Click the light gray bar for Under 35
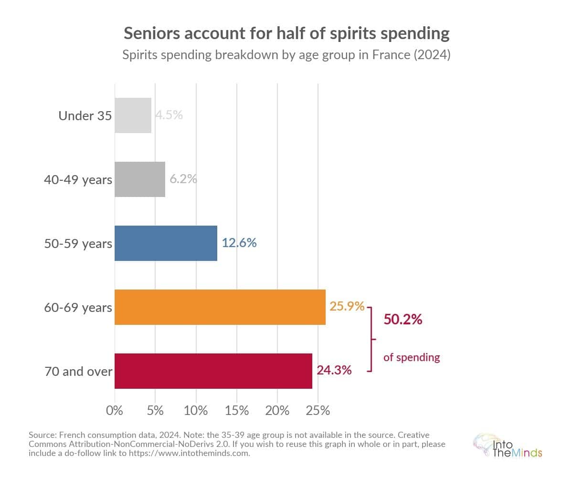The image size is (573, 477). (133, 115)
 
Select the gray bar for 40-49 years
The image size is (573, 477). (140, 179)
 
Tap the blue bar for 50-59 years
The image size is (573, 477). (166, 243)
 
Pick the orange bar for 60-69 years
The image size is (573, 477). (220, 307)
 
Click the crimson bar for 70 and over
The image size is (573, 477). (213, 371)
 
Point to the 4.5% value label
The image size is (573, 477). (169, 115)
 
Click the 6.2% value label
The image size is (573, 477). (183, 179)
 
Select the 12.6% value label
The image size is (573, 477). (239, 243)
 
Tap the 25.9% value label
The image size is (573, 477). (347, 306)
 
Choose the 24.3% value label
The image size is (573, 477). (334, 370)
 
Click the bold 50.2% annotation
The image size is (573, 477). (403, 320)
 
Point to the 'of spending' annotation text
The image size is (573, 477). (412, 357)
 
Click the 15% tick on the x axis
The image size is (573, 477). (237, 410)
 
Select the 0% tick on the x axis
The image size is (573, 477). (115, 410)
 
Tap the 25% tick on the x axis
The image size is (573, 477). (318, 410)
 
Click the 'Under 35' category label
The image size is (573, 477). (85, 115)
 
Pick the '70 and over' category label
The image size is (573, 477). (78, 371)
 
